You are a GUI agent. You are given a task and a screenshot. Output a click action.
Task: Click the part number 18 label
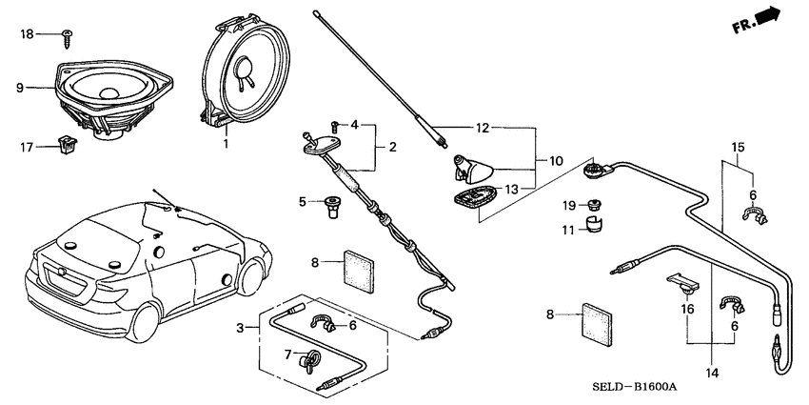(x=27, y=34)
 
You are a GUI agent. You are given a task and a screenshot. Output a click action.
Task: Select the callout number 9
(x=19, y=88)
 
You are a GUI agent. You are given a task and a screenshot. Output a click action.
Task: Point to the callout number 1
(x=226, y=144)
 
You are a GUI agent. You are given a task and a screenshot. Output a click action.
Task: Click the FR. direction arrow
(x=757, y=20)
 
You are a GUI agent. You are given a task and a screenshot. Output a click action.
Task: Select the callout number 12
(x=483, y=128)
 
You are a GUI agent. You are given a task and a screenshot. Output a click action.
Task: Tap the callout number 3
(x=241, y=328)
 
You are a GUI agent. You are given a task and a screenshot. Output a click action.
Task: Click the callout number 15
(x=736, y=148)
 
